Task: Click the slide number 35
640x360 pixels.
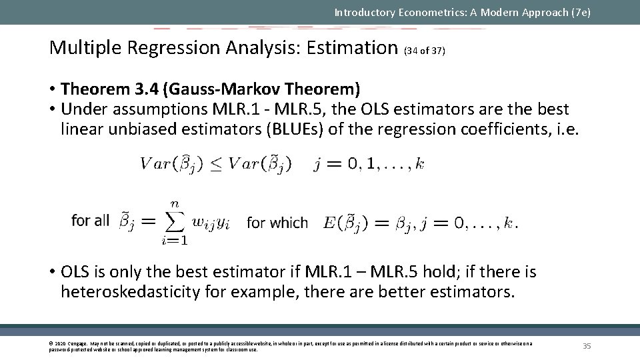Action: (587, 345)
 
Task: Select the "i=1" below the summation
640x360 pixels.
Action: (174, 241)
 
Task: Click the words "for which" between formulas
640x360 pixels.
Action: (277, 223)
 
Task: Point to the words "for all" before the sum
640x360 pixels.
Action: (90, 221)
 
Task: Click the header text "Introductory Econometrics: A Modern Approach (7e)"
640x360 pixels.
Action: (462, 12)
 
